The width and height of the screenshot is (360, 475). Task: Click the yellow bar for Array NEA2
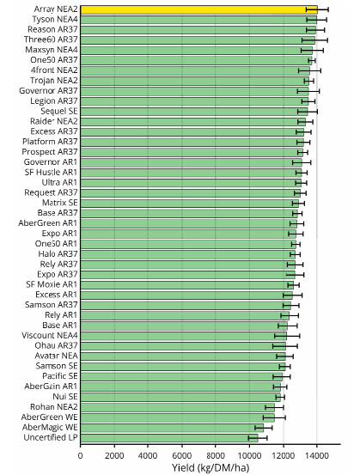point(198,9)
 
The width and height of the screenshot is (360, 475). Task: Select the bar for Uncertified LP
point(169,438)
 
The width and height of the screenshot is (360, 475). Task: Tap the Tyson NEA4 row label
point(55,20)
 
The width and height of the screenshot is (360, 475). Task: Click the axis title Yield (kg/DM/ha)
point(211,468)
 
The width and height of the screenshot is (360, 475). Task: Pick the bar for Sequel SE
point(194,112)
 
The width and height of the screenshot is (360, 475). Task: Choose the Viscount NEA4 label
point(50,335)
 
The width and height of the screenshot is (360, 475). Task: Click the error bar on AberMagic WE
point(263,428)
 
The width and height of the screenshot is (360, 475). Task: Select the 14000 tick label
point(317,455)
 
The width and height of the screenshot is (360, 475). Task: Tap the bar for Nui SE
point(180,397)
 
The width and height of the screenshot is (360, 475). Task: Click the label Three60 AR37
point(51,40)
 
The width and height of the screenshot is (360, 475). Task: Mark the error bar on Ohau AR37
point(285,346)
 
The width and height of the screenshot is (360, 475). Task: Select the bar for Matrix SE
point(189,204)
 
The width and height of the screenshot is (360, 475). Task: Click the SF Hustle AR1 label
point(51,173)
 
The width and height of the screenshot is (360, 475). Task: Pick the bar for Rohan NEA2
point(178,407)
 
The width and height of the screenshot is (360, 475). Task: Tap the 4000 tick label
point(148,455)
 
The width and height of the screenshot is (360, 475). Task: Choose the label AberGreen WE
point(49,417)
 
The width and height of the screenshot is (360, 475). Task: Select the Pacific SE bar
point(181,376)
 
